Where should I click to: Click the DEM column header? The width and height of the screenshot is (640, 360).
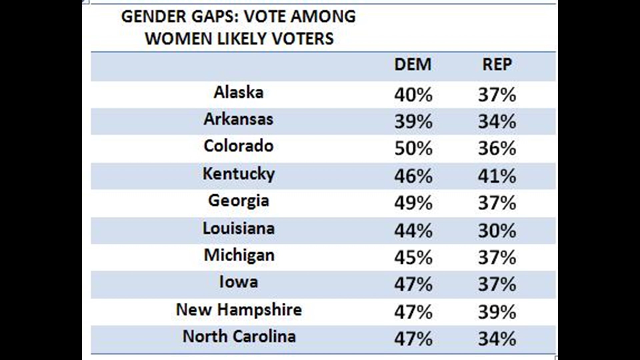pos(413,64)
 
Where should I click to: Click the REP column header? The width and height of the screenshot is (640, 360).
pos(497,64)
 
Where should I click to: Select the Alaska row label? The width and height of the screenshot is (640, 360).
pos(238,92)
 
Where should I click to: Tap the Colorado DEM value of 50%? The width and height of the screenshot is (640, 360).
pos(413,148)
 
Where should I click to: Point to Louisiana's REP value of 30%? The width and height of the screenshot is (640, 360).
pos(497,230)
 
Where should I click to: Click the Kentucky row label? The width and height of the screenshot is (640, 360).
pos(239,174)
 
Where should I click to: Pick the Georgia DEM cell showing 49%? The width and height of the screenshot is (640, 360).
pos(413,202)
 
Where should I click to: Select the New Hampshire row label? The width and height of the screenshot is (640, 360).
pos(239,310)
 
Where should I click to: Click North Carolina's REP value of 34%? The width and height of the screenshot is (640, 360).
pos(497,339)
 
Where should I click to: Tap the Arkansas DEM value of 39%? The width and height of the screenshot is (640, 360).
pos(413,121)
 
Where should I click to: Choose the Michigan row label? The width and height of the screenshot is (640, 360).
pos(239,256)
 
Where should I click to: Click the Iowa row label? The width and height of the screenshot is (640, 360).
pos(238,282)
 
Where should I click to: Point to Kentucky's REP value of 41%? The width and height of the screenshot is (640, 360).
pos(497,176)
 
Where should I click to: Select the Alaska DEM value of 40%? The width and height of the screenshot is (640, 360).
pos(413,94)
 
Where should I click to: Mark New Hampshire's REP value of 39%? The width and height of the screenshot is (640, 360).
pos(497,312)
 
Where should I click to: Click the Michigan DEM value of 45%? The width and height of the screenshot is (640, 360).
pos(413,257)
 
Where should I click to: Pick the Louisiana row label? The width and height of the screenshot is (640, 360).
pos(239,229)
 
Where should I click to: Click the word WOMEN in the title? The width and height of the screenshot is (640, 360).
pos(179,39)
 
